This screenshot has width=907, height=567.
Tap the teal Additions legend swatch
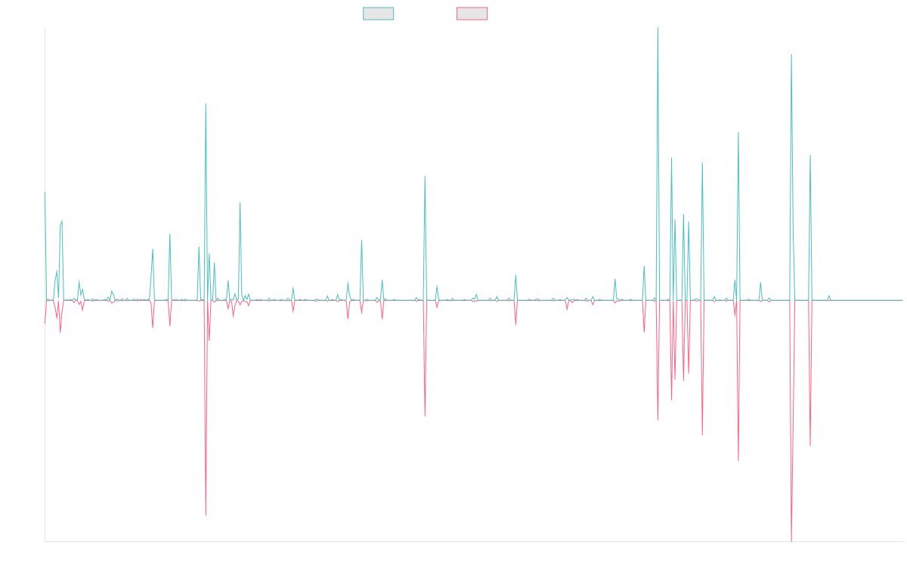[379, 14]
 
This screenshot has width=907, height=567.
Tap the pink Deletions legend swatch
[472, 14]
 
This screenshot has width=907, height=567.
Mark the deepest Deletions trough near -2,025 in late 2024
[791, 540]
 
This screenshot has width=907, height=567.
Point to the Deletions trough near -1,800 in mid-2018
[206, 516]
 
